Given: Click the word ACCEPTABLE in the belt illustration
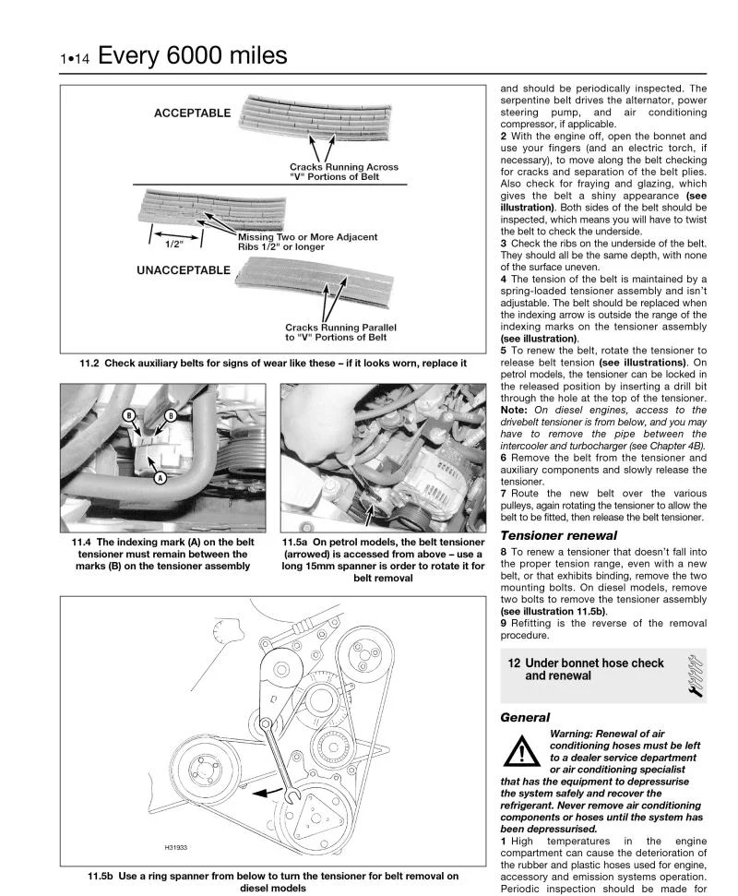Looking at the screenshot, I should [x=192, y=113].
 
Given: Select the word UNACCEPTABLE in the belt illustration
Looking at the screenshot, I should [x=183, y=270].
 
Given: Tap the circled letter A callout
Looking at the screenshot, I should [x=160, y=478].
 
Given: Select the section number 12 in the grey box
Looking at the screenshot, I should [x=514, y=663].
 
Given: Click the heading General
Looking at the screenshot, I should [x=525, y=717].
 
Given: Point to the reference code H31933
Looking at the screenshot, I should [x=177, y=847].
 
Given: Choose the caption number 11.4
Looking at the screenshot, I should [x=81, y=542].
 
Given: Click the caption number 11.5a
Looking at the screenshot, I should [x=296, y=542].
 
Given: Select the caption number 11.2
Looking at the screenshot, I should [x=90, y=363].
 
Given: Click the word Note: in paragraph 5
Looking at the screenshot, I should [x=516, y=409].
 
